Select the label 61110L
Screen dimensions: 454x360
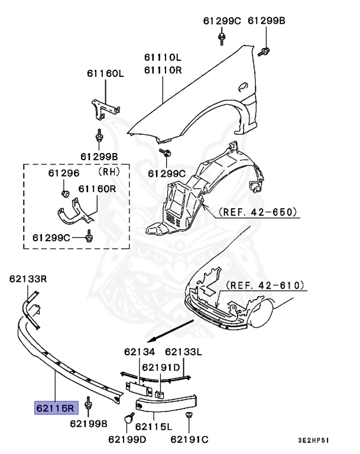point(162,58)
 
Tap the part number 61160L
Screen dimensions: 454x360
point(105,73)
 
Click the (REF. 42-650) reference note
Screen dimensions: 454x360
point(257,211)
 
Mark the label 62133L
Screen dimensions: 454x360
point(183,352)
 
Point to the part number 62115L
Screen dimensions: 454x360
point(153,427)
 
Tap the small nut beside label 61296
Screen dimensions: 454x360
point(65,193)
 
